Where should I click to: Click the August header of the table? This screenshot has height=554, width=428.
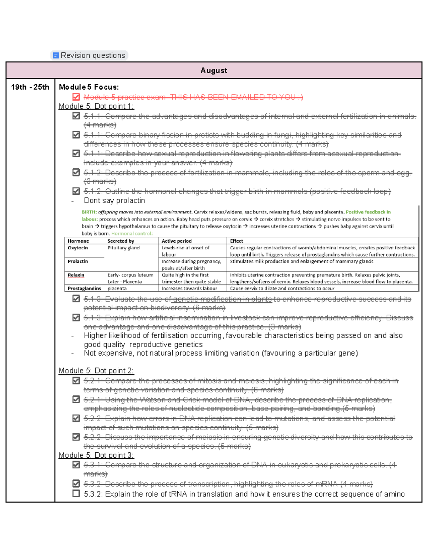tap(214, 70)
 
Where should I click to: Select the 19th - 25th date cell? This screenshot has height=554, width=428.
tap(30, 87)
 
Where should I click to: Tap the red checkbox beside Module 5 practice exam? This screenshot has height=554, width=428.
tap(76, 97)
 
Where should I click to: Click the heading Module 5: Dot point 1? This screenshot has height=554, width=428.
tap(96, 106)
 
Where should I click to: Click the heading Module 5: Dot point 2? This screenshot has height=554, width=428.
tap(96, 371)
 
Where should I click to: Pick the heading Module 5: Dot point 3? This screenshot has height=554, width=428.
tap(96, 455)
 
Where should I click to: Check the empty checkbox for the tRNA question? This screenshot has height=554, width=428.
tap(76, 493)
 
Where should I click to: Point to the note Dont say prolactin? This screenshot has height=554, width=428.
tap(114, 200)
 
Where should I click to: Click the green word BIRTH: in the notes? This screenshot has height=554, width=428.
tap(89, 212)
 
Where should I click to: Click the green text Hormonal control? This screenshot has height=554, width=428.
tap(132, 234)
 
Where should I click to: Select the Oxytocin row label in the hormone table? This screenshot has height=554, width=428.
tap(78, 248)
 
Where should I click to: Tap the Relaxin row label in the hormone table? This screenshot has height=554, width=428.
tap(76, 275)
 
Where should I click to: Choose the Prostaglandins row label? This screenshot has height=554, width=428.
tap(84, 289)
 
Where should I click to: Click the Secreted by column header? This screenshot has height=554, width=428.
tap(121, 241)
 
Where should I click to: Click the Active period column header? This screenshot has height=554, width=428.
tap(177, 241)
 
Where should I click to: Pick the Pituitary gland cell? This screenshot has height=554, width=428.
tap(123, 248)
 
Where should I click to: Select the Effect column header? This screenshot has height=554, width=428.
tap(236, 241)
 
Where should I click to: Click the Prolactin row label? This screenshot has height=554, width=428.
tap(78, 261)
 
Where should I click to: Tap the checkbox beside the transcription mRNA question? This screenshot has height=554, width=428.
tap(76, 484)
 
